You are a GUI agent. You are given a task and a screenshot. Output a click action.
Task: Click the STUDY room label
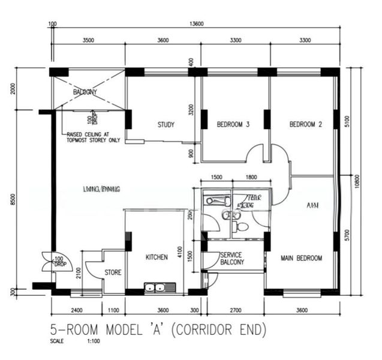click(166, 125)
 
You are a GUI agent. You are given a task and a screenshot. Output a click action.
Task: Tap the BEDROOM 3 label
click(232, 125)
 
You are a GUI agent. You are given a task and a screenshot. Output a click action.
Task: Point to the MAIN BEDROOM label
click(302, 259)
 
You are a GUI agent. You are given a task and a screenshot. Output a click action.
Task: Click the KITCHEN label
click(157, 257)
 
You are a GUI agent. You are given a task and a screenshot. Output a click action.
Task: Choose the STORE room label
click(113, 272)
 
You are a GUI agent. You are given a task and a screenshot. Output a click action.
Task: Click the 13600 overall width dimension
click(196, 24)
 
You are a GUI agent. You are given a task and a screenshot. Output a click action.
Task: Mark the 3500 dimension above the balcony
click(88, 40)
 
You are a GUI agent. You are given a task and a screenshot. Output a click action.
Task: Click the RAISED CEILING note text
click(93, 137)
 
